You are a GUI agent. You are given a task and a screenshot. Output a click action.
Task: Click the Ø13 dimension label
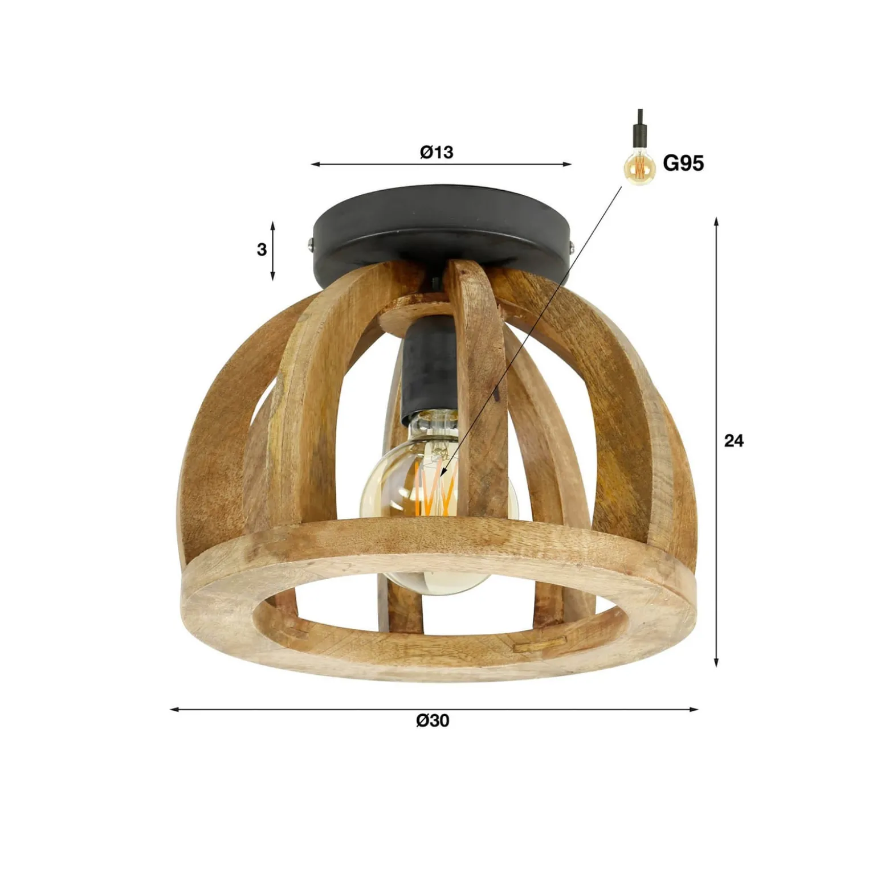click(x=437, y=152)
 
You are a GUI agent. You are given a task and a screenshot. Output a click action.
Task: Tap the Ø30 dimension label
click(x=433, y=720)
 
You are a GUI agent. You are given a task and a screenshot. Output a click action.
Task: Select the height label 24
click(x=733, y=440)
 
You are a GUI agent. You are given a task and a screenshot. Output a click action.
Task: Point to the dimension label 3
click(x=262, y=249)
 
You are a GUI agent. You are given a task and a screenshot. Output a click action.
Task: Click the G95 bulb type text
click(x=683, y=163)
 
